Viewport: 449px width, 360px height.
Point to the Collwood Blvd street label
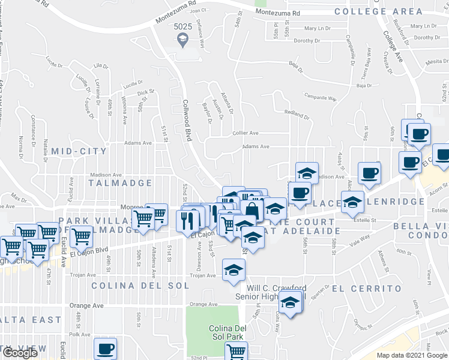[187, 120]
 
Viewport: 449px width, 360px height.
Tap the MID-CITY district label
[79, 152]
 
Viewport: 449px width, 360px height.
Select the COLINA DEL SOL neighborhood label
[136, 286]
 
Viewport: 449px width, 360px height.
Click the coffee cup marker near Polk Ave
[105, 348]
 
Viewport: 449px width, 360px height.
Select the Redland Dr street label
[296, 112]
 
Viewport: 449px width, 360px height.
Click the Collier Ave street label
[246, 133]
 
